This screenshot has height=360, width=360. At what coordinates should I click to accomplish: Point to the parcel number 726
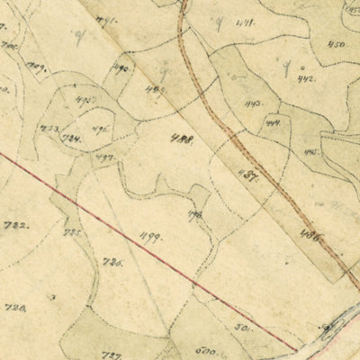coord(112,262)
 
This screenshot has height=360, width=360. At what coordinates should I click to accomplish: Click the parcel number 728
coord(15,308)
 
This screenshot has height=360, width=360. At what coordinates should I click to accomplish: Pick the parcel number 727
coord(111,352)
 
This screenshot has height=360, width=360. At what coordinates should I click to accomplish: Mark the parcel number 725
coord(73,232)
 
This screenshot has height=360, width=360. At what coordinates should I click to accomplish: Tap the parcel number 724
coord(71,139)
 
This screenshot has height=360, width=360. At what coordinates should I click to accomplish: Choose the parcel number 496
coord(101,129)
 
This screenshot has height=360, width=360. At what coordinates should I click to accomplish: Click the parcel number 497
coord(104,157)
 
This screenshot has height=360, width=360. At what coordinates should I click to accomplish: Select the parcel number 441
coord(242,22)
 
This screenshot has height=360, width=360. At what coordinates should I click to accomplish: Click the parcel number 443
coord(254,103)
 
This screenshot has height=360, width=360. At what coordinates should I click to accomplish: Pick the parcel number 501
coord(241,328)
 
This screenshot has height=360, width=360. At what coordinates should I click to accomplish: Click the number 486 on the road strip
coord(310,233)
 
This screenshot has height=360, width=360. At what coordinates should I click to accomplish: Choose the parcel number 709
coord(36,66)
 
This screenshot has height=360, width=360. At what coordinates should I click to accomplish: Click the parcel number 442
coord(305,79)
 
